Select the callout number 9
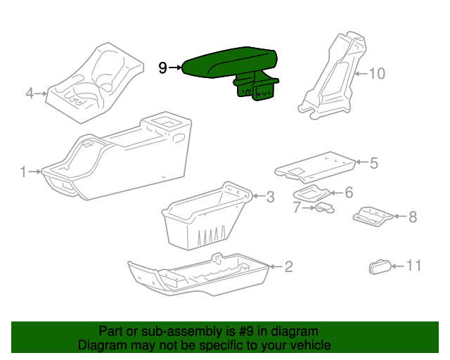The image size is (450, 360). click(162, 68)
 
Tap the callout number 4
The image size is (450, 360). click(30, 93)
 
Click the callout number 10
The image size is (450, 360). click(378, 73)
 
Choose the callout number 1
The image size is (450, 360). click(23, 172)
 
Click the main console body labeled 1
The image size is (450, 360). click(120, 158)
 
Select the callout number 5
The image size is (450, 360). click(373, 163)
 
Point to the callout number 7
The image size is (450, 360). click(296, 207)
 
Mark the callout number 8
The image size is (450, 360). click(412, 217)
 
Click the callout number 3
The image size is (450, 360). click(270, 198)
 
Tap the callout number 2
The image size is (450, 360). click(288, 266)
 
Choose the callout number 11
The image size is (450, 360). click(413, 266)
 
